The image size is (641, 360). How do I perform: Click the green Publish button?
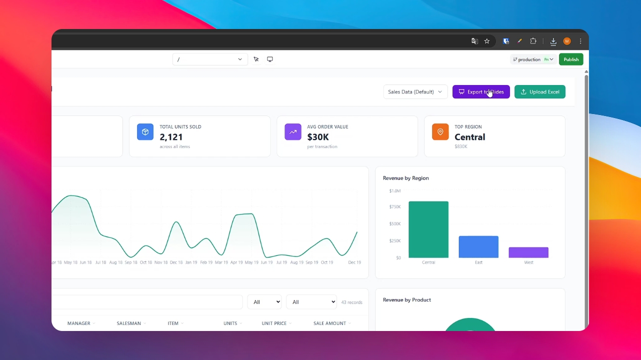[x=571, y=59]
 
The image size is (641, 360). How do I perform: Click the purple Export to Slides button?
[x=481, y=92]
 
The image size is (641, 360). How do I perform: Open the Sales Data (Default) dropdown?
[x=415, y=92]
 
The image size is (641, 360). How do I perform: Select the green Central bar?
[x=428, y=229]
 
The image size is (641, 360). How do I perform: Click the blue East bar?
[x=478, y=246]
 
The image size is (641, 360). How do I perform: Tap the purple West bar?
[x=528, y=252]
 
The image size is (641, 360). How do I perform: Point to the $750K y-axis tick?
[x=395, y=207]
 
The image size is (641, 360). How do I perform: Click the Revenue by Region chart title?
[x=405, y=178]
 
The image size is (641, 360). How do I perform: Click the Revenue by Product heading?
[x=406, y=300]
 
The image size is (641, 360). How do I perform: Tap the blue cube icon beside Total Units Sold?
[x=145, y=132]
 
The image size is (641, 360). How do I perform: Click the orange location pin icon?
[x=440, y=132]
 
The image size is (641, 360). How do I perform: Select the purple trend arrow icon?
[x=293, y=132]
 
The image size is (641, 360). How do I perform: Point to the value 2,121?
[x=171, y=137]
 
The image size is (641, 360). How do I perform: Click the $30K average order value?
[x=318, y=137]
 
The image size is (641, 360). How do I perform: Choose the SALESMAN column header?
[x=129, y=323]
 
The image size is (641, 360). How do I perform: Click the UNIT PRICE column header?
[x=274, y=323]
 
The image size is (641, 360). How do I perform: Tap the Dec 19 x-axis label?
[x=354, y=262]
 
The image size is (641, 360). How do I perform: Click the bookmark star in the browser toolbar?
[x=487, y=41]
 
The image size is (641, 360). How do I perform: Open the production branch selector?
[x=533, y=59]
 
